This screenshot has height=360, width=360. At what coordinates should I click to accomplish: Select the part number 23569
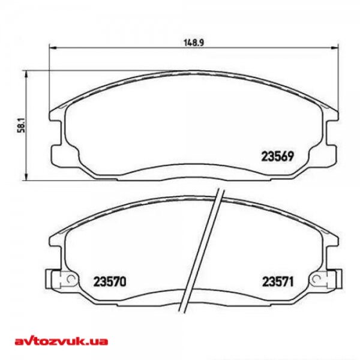(277, 157)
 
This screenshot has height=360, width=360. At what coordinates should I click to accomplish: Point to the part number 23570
(110, 280)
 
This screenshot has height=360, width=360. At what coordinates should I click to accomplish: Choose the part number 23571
(277, 280)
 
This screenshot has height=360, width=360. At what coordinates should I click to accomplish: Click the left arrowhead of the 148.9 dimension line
(52, 49)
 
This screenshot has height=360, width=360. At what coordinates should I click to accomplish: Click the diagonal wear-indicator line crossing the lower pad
(203, 246)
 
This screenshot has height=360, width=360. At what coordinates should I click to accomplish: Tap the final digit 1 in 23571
(291, 280)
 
